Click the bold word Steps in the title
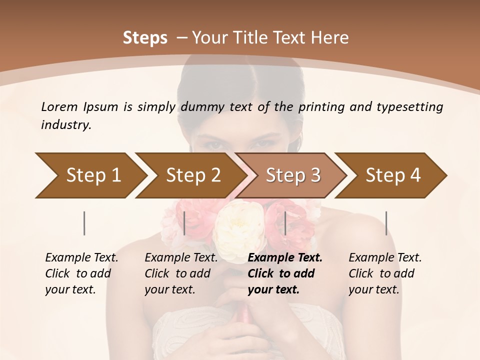click(145, 38)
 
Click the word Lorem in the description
click(59, 106)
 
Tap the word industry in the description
click(65, 125)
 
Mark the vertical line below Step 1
click(84, 223)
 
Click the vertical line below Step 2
click(184, 223)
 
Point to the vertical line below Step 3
click(285, 223)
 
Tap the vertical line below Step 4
click(386, 223)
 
